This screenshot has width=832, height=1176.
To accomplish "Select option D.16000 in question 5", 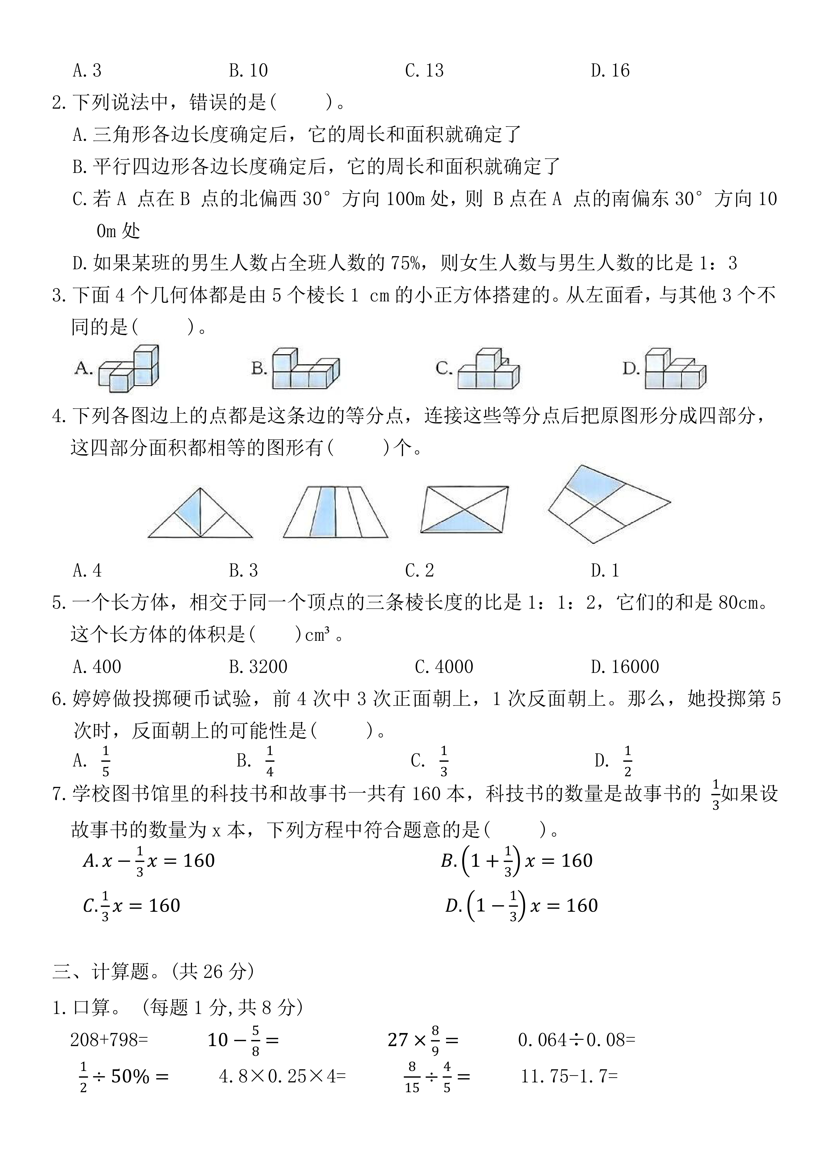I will coord(625,666).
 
